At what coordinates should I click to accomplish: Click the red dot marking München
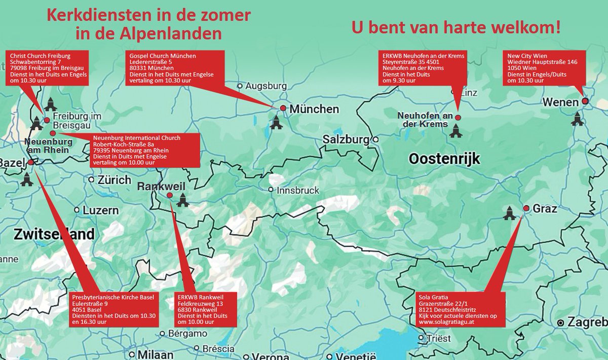coord(283,108)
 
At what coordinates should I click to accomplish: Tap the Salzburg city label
coord(350,139)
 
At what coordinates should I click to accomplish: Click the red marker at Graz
coord(526,208)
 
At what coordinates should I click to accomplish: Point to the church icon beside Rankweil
coord(182,201)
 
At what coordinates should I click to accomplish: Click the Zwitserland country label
coord(54,234)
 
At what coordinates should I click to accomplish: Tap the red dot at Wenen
coord(585,101)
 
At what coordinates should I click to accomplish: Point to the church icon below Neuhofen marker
coord(455,131)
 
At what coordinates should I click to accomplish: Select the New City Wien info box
coord(542,67)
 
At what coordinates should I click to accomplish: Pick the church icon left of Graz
coord(509,213)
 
